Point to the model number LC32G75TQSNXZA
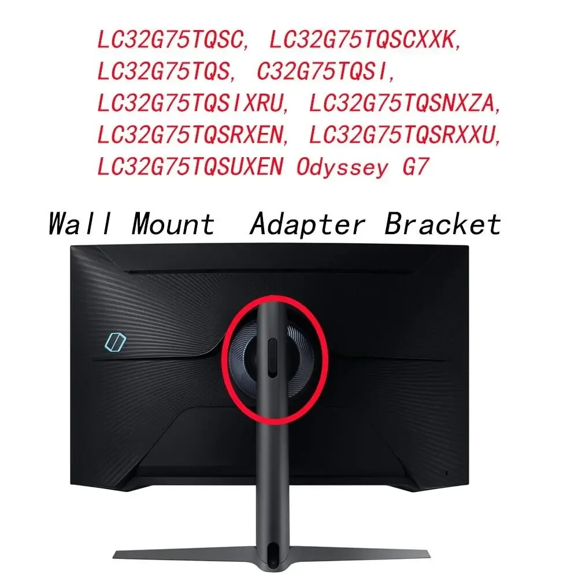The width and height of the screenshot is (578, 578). point(405,103)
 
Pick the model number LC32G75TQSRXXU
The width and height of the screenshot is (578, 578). point(405,135)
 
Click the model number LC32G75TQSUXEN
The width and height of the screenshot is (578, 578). point(191,167)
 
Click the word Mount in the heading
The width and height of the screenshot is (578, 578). point(173,224)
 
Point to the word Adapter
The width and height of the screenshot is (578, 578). point(307,224)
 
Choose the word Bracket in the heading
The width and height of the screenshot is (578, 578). point(443,224)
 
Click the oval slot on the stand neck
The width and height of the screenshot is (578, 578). point(272,358)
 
